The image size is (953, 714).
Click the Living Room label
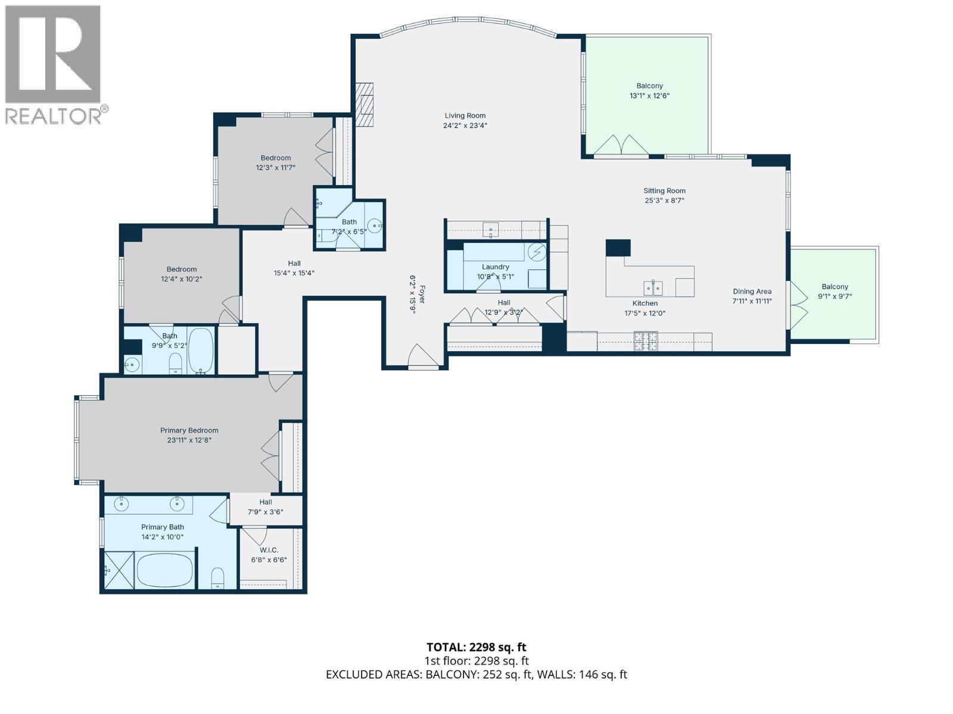coord(465,115)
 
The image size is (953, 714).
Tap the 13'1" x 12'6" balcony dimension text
coord(649,96)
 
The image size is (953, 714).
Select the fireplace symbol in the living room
coord(365,105)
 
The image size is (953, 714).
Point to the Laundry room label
coord(495,267)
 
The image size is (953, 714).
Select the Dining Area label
coord(752,291)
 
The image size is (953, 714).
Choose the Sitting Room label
coord(664,191)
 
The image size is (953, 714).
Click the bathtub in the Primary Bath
coord(165,570)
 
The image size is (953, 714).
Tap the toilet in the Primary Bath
coord(217,577)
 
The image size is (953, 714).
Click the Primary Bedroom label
coord(189,430)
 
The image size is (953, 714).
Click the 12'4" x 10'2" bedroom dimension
coord(181,278)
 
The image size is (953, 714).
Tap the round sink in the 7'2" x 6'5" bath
coord(375,225)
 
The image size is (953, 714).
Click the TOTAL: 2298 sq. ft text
coord(476,647)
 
